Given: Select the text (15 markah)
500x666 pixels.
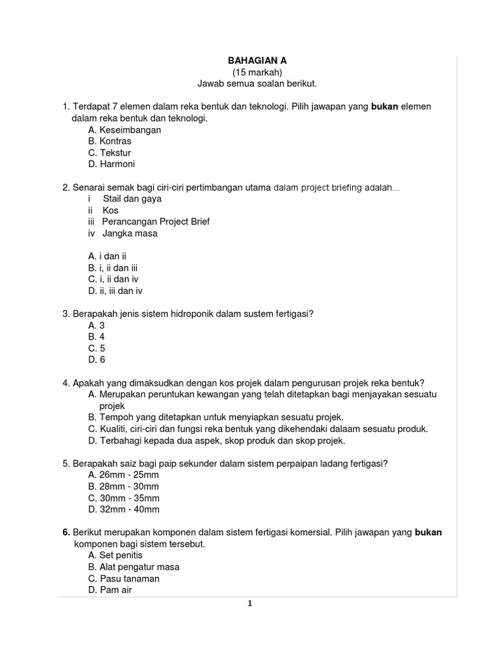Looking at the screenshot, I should point(257,72).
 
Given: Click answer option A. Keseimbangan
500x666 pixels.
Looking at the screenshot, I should point(124,129).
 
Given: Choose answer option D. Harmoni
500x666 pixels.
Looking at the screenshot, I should point(111,165).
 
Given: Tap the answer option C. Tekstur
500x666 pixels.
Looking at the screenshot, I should point(109,153).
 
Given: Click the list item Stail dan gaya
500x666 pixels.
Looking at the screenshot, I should point(132,198).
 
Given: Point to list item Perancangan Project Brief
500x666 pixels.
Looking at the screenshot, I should point(156,222).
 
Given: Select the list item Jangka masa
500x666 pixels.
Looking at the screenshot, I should point(130,233).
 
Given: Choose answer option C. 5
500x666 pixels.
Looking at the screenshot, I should point(96,348).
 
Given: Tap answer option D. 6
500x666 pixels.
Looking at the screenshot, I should point(96,360).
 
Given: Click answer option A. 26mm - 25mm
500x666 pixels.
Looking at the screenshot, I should point(123,474).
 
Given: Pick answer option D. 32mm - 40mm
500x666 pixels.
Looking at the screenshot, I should point(123,509).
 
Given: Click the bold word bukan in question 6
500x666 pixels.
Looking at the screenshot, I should point(428,532).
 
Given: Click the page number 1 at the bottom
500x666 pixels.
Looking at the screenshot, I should point(251,604).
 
